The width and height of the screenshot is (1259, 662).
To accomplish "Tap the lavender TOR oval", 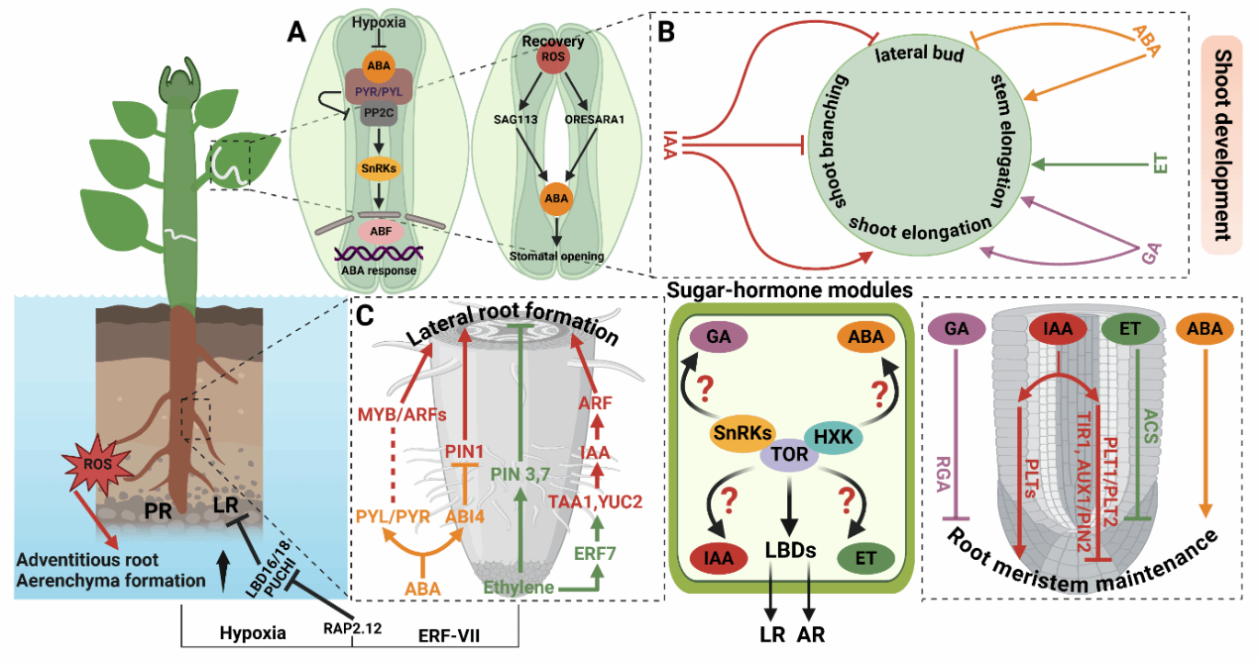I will pos(788,454).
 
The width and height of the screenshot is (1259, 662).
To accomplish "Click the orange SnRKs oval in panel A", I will pos(378,168).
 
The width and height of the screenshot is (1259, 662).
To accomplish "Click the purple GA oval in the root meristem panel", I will pos(957,329).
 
